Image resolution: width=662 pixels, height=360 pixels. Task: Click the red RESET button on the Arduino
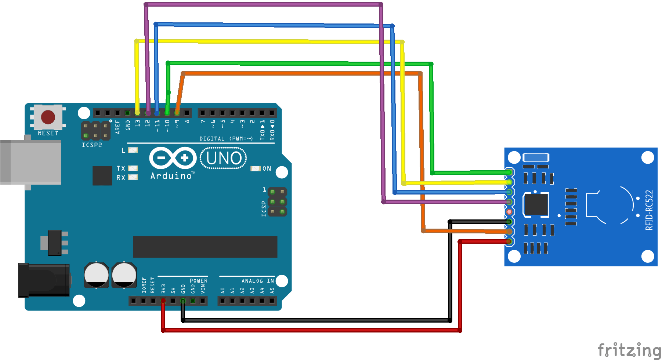pos(48,117)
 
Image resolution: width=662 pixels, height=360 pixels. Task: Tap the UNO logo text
pos(224,158)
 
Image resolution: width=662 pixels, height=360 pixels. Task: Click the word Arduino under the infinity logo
pos(171,176)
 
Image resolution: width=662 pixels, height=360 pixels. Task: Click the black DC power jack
pos(44,280)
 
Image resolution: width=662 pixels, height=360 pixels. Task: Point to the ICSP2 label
pos(92,145)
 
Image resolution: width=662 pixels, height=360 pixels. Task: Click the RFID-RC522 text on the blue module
pos(649,210)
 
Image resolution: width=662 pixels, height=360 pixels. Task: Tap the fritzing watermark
pos(629,350)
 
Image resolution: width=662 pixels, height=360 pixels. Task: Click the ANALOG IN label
pos(257,281)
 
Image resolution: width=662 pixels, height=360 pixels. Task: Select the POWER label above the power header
pos(198,281)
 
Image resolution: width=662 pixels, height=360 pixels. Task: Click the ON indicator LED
pos(255,168)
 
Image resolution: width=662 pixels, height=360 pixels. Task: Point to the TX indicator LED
pos(133,168)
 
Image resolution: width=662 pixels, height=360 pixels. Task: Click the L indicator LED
pos(133,150)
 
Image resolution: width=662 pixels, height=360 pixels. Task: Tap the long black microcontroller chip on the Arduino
pos(205,247)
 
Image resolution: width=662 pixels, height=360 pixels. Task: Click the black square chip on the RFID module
pos(536,204)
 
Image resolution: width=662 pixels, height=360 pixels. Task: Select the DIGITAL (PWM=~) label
pos(226,139)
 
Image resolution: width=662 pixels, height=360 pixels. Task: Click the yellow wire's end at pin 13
pos(137,113)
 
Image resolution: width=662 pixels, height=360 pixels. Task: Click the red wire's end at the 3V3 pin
pos(163,301)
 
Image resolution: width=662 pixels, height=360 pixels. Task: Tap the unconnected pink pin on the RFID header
pos(509,212)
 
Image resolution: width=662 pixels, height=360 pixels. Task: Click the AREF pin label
pos(117,127)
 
